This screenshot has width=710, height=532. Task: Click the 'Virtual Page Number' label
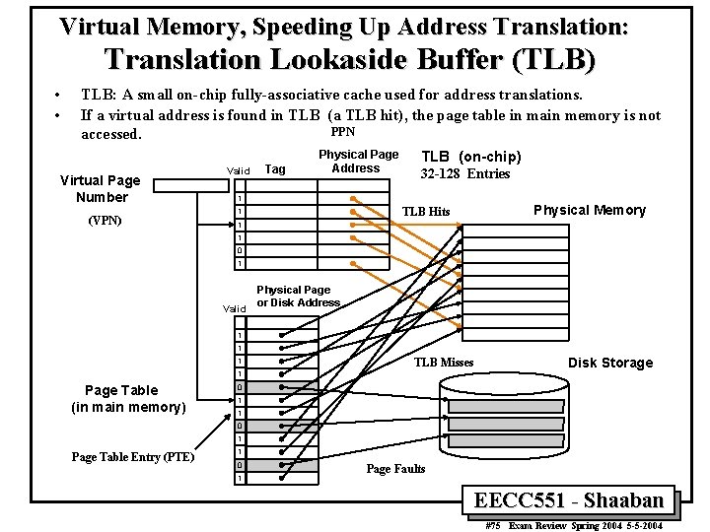point(101,188)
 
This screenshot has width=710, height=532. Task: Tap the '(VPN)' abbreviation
point(104,220)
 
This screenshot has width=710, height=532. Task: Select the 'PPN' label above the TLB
point(342,132)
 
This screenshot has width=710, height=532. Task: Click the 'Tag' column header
point(276,169)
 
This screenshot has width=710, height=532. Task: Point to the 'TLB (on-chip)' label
point(471,157)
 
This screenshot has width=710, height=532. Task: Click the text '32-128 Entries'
point(465,174)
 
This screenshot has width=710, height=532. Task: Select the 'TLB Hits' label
point(426,212)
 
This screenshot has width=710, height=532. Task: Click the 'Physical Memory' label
point(589,210)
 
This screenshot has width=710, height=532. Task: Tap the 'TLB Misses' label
point(444,363)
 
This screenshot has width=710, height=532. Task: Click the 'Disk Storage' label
point(609,363)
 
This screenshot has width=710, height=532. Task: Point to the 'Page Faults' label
point(395,469)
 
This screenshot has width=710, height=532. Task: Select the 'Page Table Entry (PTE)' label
point(132,456)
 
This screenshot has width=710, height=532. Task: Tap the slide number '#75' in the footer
point(495,526)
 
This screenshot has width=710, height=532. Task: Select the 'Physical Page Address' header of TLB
point(358,161)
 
